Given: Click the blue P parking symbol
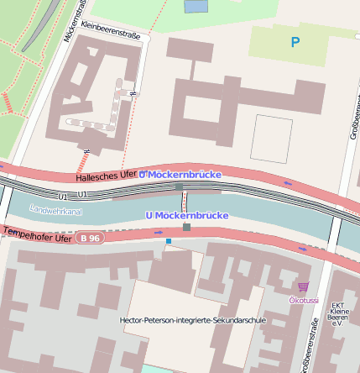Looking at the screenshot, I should point(294,41).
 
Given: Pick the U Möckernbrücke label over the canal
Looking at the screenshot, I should point(186,215).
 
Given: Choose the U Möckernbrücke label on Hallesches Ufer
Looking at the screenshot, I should point(180,173).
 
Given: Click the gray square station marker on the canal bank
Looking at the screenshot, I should point(186,227).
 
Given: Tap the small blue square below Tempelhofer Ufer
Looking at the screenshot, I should point(168,241).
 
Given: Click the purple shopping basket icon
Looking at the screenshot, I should point(302,286).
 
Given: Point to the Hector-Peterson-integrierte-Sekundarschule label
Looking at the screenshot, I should point(193,320).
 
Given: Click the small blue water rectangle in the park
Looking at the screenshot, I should point(196,6).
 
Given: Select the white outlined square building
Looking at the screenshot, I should point(271,139).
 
